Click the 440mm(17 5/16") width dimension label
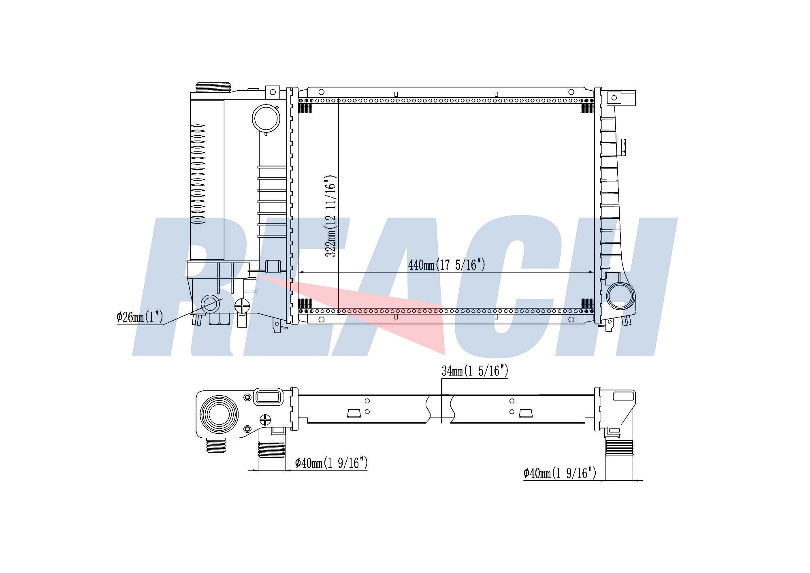[446, 265]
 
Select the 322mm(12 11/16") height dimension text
[331, 216]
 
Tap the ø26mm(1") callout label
[140, 317]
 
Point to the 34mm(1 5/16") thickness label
[475, 371]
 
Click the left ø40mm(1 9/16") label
[331, 462]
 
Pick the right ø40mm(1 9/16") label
[560, 473]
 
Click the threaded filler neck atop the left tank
[213, 87]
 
